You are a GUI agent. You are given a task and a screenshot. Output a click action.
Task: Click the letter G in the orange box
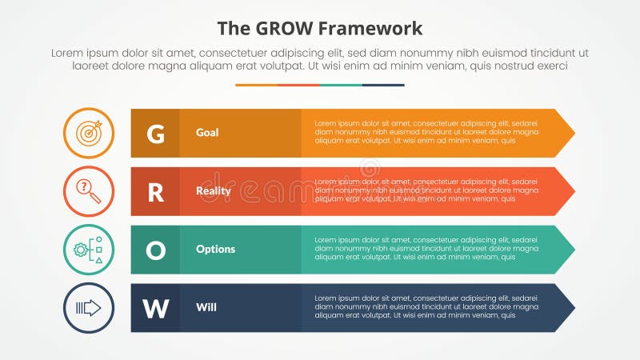[155, 133]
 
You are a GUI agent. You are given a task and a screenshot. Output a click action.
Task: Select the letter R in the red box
[155, 191]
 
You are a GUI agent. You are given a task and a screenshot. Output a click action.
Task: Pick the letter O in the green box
[155, 250]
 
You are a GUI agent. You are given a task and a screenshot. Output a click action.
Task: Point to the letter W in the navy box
[155, 308]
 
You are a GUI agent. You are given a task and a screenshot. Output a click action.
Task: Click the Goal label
[207, 133]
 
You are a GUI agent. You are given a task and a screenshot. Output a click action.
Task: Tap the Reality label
[213, 191]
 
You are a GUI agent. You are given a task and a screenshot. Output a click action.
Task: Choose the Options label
[215, 250]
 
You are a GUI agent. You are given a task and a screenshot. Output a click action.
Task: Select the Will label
[205, 308]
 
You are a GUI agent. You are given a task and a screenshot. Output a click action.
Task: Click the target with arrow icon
[89, 133]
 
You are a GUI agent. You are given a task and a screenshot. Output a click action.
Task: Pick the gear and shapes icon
[89, 250]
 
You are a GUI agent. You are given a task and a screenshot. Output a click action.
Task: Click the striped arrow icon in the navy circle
[89, 308]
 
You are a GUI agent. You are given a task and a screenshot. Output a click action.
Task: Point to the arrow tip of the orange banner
[569, 133]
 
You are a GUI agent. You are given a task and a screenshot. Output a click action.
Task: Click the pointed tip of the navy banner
[569, 308]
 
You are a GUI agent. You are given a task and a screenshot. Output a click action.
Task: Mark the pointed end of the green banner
[569, 250]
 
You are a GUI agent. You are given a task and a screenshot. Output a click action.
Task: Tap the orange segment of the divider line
[256, 85]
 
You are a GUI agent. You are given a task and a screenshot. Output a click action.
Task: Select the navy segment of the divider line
[383, 85]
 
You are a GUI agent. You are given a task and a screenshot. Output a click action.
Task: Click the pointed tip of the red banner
[569, 191]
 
